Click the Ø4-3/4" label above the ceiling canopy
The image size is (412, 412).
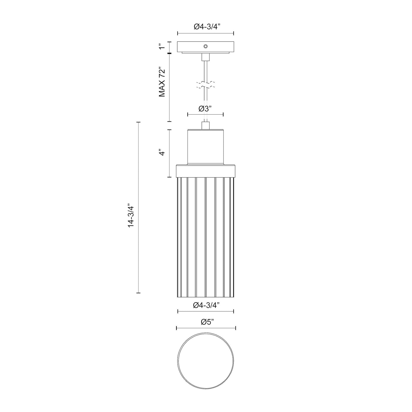206,27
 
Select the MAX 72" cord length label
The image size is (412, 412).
162,82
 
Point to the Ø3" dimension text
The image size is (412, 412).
205,109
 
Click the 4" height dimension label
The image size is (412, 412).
162,153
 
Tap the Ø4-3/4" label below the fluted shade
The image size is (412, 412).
206,305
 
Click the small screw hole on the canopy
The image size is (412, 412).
206,46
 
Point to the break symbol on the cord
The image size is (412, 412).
206,85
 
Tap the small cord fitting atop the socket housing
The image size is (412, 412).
206,125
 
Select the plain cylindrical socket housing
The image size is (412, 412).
206,147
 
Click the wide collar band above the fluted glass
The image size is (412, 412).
206,171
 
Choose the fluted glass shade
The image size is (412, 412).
206,237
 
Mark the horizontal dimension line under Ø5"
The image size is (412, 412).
206,328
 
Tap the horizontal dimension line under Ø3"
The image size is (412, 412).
205,115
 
